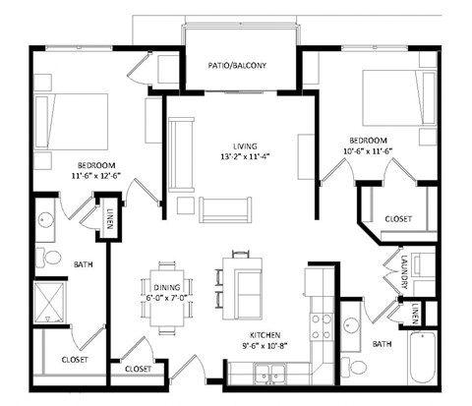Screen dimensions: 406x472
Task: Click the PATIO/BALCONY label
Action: click(x=237, y=67)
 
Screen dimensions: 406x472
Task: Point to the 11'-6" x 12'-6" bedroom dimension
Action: click(x=96, y=176)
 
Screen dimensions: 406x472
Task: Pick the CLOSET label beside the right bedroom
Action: click(x=397, y=218)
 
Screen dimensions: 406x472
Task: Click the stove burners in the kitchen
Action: click(x=320, y=326)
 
